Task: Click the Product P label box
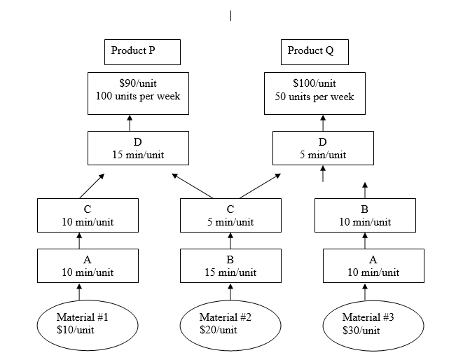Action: pos(145,52)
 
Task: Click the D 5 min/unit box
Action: pos(323,148)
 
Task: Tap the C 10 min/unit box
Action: pos(88,215)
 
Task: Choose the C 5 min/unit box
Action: pos(230,215)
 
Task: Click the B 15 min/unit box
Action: pos(230,265)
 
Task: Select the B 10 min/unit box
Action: pos(364,215)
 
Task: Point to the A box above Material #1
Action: pos(88,265)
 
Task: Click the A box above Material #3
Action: pos(373,265)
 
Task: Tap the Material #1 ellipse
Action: pos(88,324)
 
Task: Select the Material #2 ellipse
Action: pos(230,324)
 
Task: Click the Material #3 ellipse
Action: pos(373,324)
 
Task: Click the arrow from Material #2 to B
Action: pos(230,291)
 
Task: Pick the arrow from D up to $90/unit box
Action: pos(130,123)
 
